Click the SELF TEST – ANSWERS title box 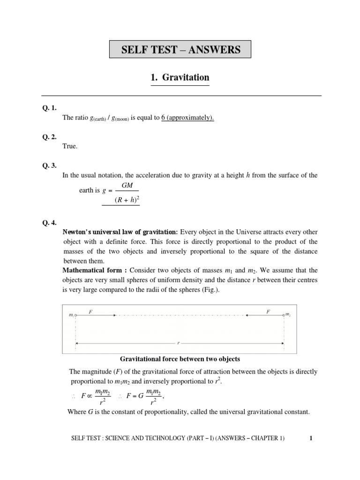click(x=180, y=49)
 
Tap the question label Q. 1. click(x=48, y=107)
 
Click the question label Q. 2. click(x=48, y=136)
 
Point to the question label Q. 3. click(x=48, y=165)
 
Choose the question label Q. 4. click(x=48, y=223)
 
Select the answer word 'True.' click(x=70, y=146)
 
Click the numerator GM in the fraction click(x=127, y=186)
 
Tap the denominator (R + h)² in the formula click(x=127, y=201)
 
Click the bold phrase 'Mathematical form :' click(x=95, y=270)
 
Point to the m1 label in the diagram click(x=71, y=315)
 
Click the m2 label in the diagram click(x=288, y=315)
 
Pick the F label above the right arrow click(x=268, y=311)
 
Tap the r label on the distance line click(x=178, y=343)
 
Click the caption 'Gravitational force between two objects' click(x=180, y=359)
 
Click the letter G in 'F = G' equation click(x=140, y=396)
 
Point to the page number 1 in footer click(x=311, y=439)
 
